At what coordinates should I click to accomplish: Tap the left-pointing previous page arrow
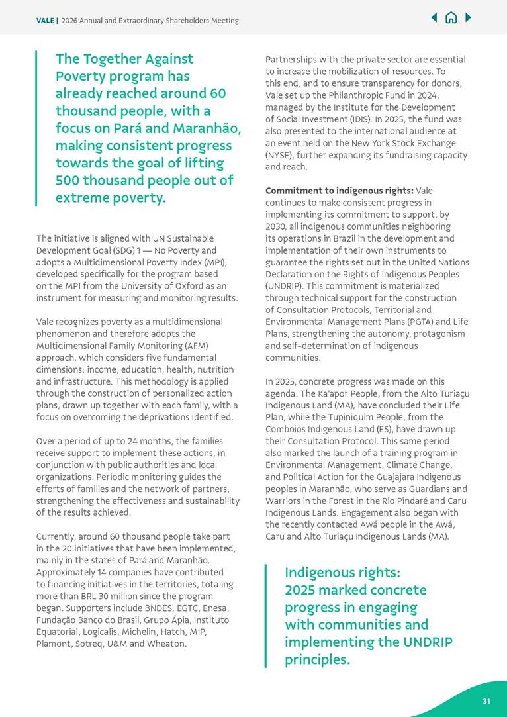[434, 18]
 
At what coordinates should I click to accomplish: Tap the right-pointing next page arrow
[468, 18]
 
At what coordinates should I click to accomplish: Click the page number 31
[486, 701]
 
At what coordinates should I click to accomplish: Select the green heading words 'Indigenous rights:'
[342, 572]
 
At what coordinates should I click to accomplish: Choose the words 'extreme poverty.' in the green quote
[111, 197]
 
